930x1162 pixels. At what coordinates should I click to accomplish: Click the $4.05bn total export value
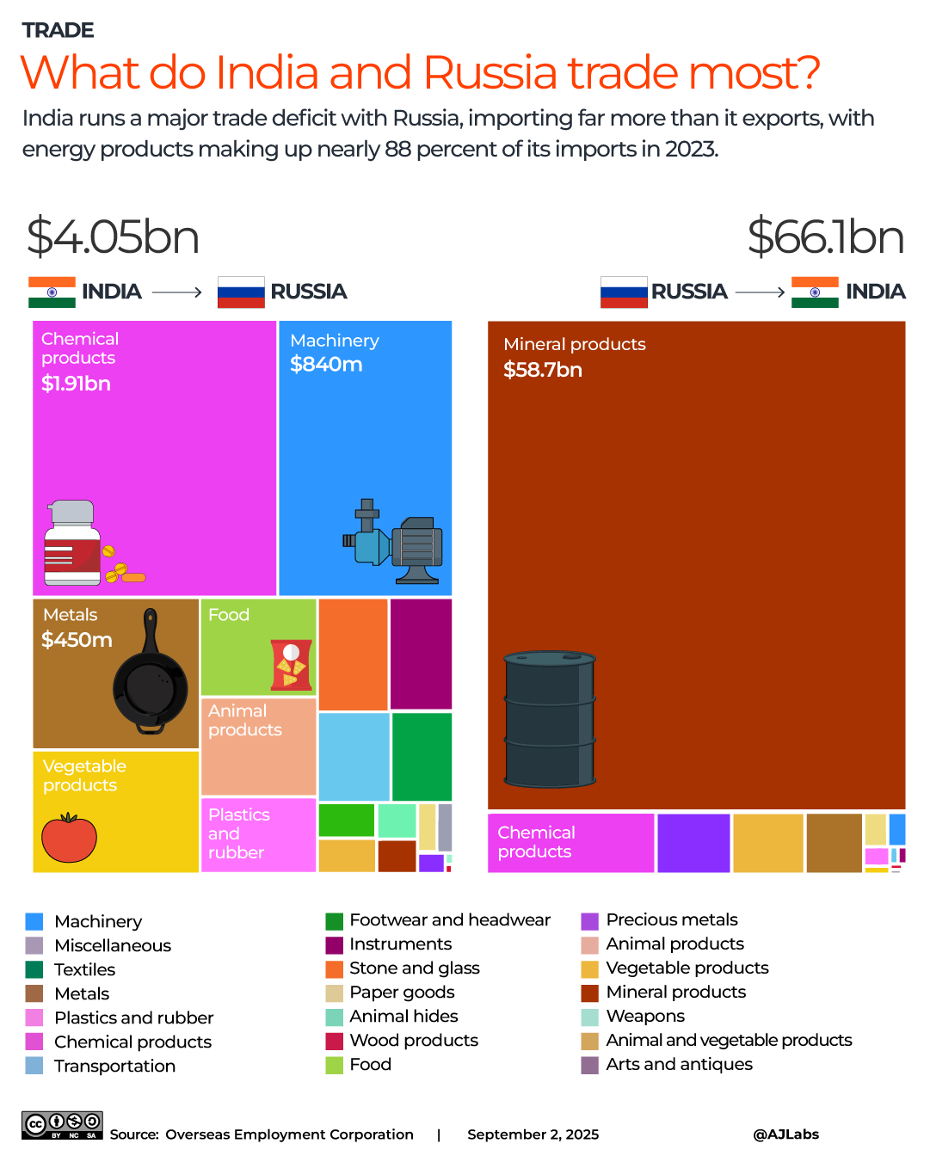pyautogui.click(x=113, y=237)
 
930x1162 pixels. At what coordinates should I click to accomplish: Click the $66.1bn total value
pyautogui.click(x=825, y=237)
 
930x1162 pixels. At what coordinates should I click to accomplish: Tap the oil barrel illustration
pyautogui.click(x=550, y=719)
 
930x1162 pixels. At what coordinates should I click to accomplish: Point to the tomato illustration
pyautogui.click(x=69, y=838)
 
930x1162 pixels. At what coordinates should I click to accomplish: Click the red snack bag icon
pyautogui.click(x=290, y=665)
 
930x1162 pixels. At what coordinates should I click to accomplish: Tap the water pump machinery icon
pyautogui.click(x=393, y=543)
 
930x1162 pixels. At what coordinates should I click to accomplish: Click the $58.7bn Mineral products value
pyautogui.click(x=543, y=370)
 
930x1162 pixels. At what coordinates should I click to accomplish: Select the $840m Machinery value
pyautogui.click(x=326, y=365)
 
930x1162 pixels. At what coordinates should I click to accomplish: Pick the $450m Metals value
pyautogui.click(x=77, y=640)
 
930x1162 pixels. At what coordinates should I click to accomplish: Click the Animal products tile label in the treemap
pyautogui.click(x=244, y=721)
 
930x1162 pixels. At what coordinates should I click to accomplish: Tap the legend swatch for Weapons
pyautogui.click(x=589, y=1017)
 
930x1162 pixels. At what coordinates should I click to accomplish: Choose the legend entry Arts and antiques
pyautogui.click(x=679, y=1065)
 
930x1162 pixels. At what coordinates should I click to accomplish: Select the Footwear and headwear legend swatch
pyautogui.click(x=335, y=921)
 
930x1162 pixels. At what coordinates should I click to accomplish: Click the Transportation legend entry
pyautogui.click(x=114, y=1067)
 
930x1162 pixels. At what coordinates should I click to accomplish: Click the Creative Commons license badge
pyautogui.click(x=62, y=1125)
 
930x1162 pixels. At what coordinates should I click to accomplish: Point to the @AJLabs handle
pyautogui.click(x=785, y=1134)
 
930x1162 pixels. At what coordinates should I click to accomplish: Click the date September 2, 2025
pyautogui.click(x=533, y=1134)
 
